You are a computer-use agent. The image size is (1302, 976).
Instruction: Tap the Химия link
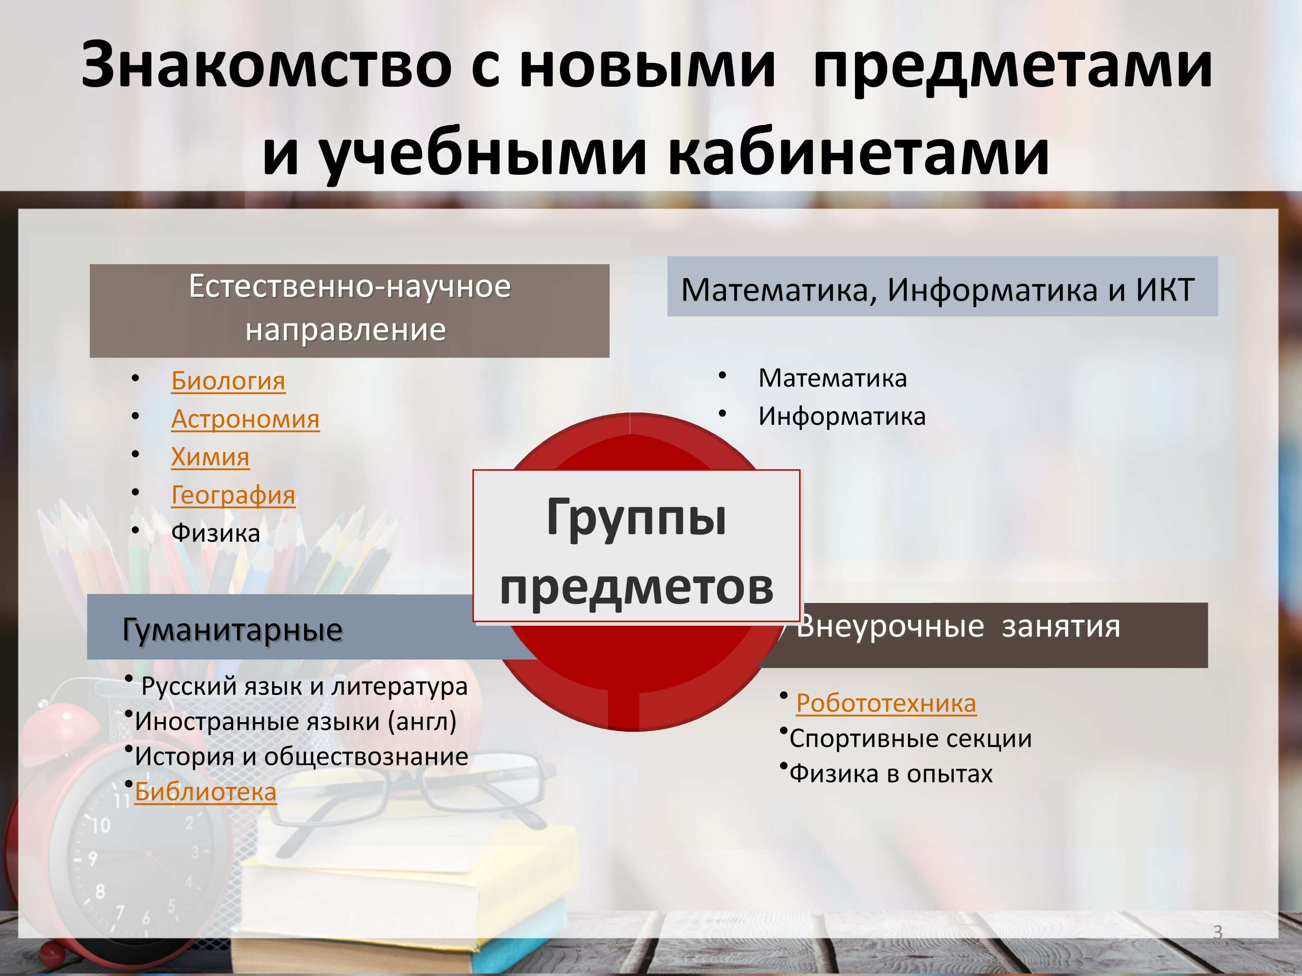210,457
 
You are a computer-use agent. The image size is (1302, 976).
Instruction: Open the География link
233,495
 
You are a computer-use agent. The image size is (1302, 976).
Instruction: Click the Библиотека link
205,792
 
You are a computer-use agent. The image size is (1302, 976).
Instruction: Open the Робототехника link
886,703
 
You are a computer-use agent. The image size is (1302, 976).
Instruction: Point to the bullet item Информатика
842,416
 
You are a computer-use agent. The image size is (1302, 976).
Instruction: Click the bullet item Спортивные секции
910,739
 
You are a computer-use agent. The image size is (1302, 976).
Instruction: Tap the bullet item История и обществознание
301,757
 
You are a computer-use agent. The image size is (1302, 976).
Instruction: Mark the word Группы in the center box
636,517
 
